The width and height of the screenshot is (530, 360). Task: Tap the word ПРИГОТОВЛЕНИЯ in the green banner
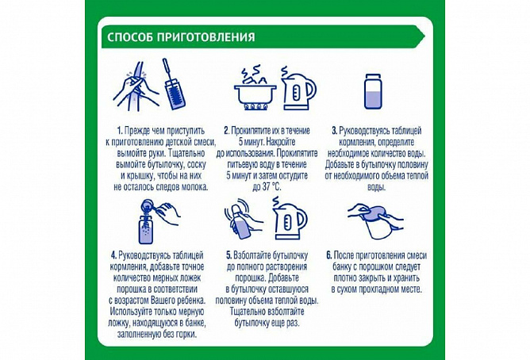click(x=205, y=36)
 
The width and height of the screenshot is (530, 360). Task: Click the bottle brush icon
click(x=174, y=84)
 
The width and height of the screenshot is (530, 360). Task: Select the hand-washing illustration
click(x=136, y=86)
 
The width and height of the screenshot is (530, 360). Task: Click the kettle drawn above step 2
click(x=298, y=89)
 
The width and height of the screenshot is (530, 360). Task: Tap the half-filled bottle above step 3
click(x=373, y=91)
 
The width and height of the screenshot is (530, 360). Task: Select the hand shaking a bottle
click(x=242, y=221)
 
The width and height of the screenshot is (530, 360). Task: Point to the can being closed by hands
click(x=376, y=221)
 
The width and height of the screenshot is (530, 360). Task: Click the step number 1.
click(x=119, y=131)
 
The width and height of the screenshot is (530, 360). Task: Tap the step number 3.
click(x=334, y=131)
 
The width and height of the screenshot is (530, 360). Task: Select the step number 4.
click(x=114, y=255)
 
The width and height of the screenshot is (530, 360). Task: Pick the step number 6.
click(x=329, y=255)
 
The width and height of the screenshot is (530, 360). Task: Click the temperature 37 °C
click(x=271, y=187)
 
